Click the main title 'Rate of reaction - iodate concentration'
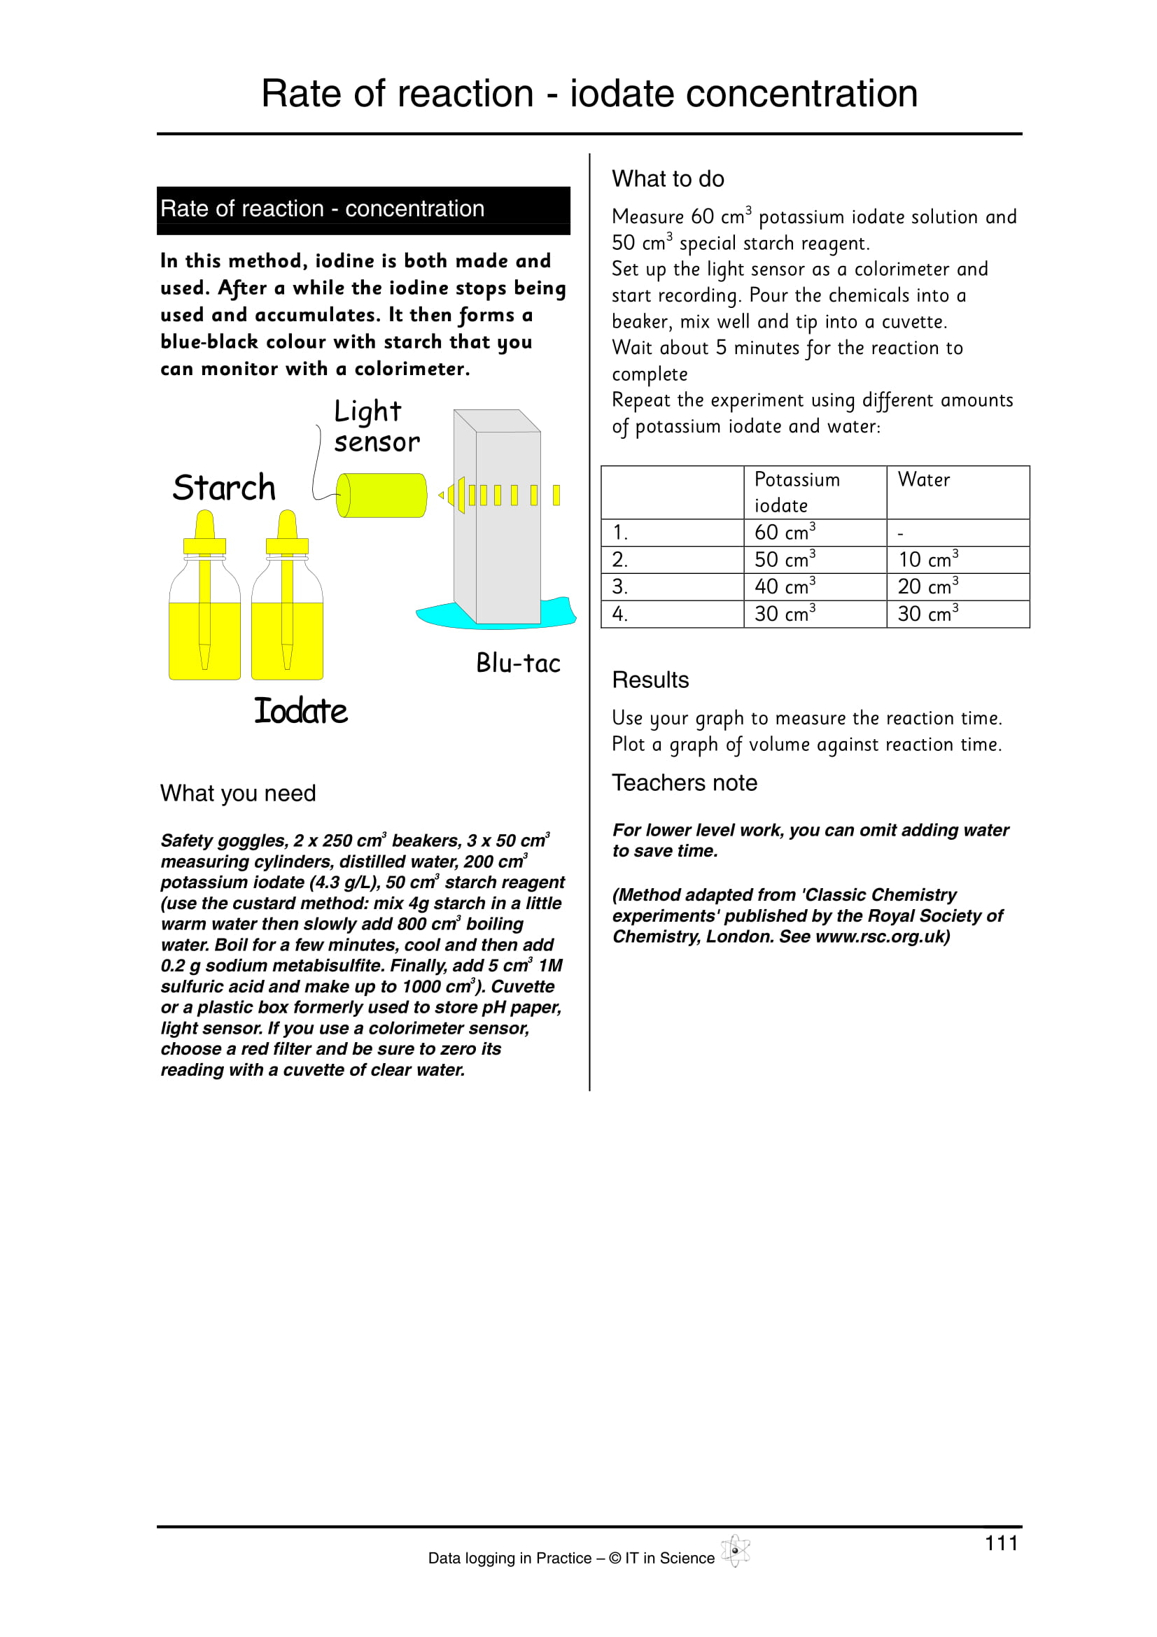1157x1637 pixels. pos(589,94)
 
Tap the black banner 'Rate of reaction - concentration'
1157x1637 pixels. pos(363,210)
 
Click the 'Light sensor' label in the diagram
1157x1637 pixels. pos(376,426)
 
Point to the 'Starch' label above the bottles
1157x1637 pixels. pos(224,489)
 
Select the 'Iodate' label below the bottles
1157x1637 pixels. pos(301,712)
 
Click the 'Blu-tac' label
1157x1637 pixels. pos(518,663)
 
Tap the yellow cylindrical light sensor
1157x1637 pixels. pos(382,495)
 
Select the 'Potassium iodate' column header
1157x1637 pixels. pos(797,492)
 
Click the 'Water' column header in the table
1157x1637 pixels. pos(924,480)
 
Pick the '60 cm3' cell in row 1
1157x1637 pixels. pos(784,533)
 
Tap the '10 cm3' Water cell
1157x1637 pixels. pos(927,560)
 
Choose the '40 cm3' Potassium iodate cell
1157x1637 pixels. pos(784,586)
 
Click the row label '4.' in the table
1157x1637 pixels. pos(620,614)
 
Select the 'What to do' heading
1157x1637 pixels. pos(668,179)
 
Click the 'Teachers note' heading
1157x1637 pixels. pos(685,783)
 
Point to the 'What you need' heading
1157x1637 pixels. pos(238,794)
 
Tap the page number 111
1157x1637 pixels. pos(1001,1544)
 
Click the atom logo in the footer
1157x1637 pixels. pos(735,1551)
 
